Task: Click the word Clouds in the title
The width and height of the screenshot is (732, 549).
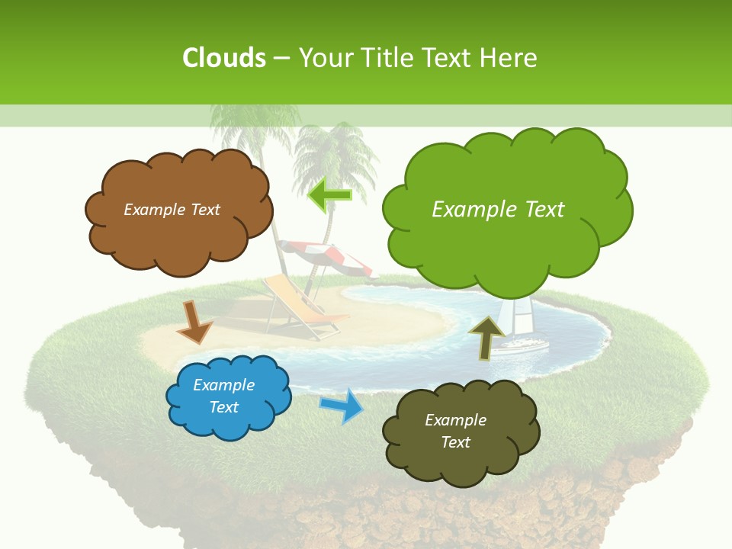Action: (x=224, y=57)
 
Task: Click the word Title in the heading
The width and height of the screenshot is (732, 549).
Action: (x=384, y=57)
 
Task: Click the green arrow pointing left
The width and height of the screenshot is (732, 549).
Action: (x=330, y=195)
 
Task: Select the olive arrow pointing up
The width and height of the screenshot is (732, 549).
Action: (x=486, y=336)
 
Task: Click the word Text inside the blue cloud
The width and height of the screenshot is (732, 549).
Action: (x=224, y=407)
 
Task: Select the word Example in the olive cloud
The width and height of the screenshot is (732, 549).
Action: (x=455, y=420)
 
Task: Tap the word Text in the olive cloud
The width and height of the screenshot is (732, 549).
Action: (x=455, y=442)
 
